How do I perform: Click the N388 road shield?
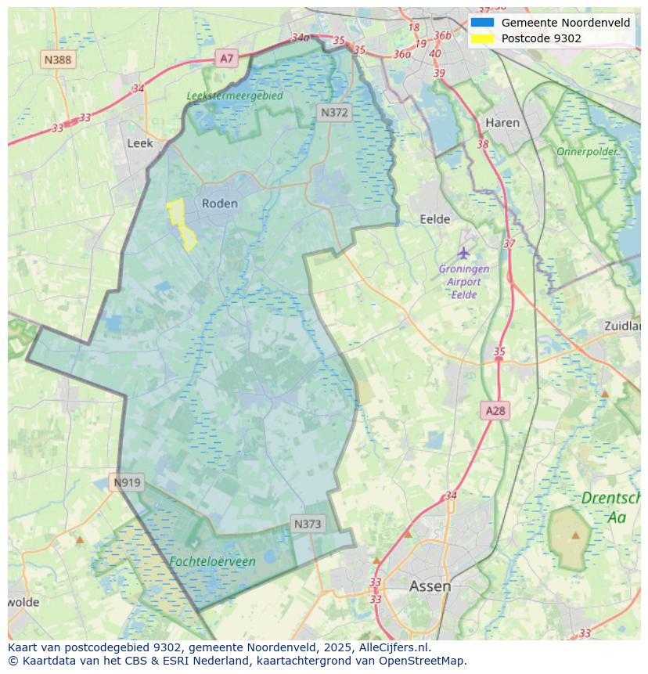click(58, 59)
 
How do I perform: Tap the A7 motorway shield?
click(227, 58)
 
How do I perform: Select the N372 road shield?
click(334, 113)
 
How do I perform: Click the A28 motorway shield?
click(495, 410)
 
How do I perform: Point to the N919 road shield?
click(127, 482)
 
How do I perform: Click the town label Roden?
click(219, 204)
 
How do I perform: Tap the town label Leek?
click(139, 143)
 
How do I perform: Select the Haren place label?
click(502, 123)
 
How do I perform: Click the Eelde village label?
click(435, 219)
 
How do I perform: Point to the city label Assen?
click(430, 586)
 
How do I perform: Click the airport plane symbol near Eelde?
click(464, 253)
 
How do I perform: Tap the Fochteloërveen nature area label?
click(212, 562)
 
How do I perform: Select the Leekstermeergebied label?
click(235, 96)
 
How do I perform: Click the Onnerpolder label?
click(587, 151)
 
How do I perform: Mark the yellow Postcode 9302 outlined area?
click(181, 222)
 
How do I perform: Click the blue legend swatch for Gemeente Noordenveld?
click(482, 23)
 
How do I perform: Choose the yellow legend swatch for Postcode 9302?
click(482, 38)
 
